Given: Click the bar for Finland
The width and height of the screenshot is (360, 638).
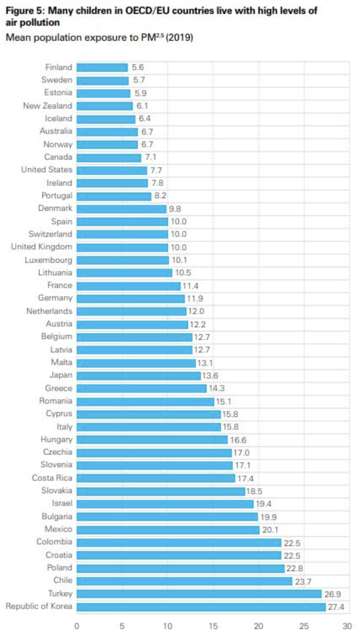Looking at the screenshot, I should tap(102, 68).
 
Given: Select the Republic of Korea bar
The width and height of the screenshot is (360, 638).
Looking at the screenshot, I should tap(201, 607).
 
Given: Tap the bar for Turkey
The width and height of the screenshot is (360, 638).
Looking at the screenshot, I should tap(198, 594).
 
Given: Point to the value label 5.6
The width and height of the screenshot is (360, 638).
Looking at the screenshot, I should tap(138, 68).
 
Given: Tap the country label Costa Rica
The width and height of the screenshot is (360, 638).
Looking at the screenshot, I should tap(52, 478).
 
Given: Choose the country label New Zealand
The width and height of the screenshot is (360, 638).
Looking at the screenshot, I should tap(48, 106).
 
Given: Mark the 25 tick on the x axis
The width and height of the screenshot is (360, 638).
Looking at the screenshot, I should tap(302, 626).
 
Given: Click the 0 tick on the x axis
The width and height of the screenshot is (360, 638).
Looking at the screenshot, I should tap(77, 626).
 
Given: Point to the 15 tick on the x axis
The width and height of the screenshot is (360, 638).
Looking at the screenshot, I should tap(212, 626).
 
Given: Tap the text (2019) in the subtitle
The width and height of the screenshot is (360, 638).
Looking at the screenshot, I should tap(178, 38).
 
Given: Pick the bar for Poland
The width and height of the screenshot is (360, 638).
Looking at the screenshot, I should tap(181, 568).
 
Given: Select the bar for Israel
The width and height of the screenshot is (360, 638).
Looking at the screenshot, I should tap(165, 504).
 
